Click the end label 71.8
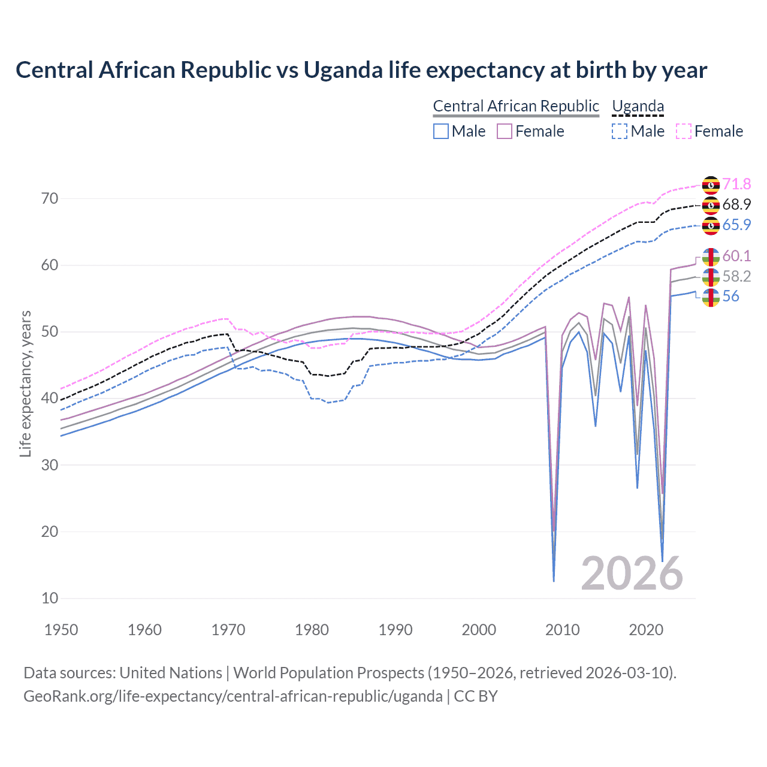click(x=736, y=184)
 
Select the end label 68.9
click(x=736, y=204)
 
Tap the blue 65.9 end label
click(x=736, y=225)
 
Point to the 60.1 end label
click(x=736, y=256)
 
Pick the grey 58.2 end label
click(x=736, y=276)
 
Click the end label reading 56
click(x=730, y=296)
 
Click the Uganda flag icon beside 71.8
click(x=711, y=185)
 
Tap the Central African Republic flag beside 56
click(x=711, y=297)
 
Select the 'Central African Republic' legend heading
click(x=516, y=106)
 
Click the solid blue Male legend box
click(x=441, y=131)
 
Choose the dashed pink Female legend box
click(x=684, y=131)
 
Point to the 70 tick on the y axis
click(x=50, y=198)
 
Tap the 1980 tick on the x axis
click(x=312, y=630)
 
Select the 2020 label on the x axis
click(x=646, y=630)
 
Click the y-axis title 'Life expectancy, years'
click(x=25, y=383)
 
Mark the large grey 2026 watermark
click(x=632, y=573)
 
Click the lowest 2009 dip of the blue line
click(x=554, y=580)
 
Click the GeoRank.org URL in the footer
click(x=232, y=696)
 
